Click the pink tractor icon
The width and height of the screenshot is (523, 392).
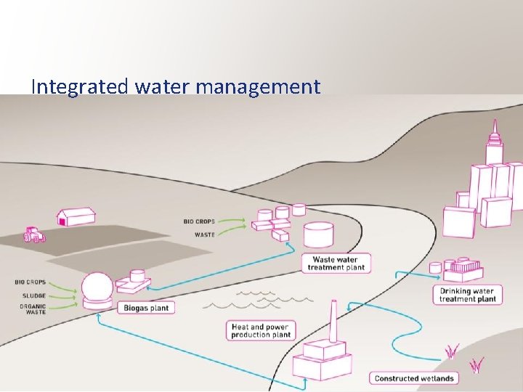33,234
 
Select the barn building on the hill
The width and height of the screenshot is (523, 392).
76,217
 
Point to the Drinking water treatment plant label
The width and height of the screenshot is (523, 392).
468,295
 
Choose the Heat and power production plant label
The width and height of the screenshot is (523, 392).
261,331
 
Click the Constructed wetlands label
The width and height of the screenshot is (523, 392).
414,378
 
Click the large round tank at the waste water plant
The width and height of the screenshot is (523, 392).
319,234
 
